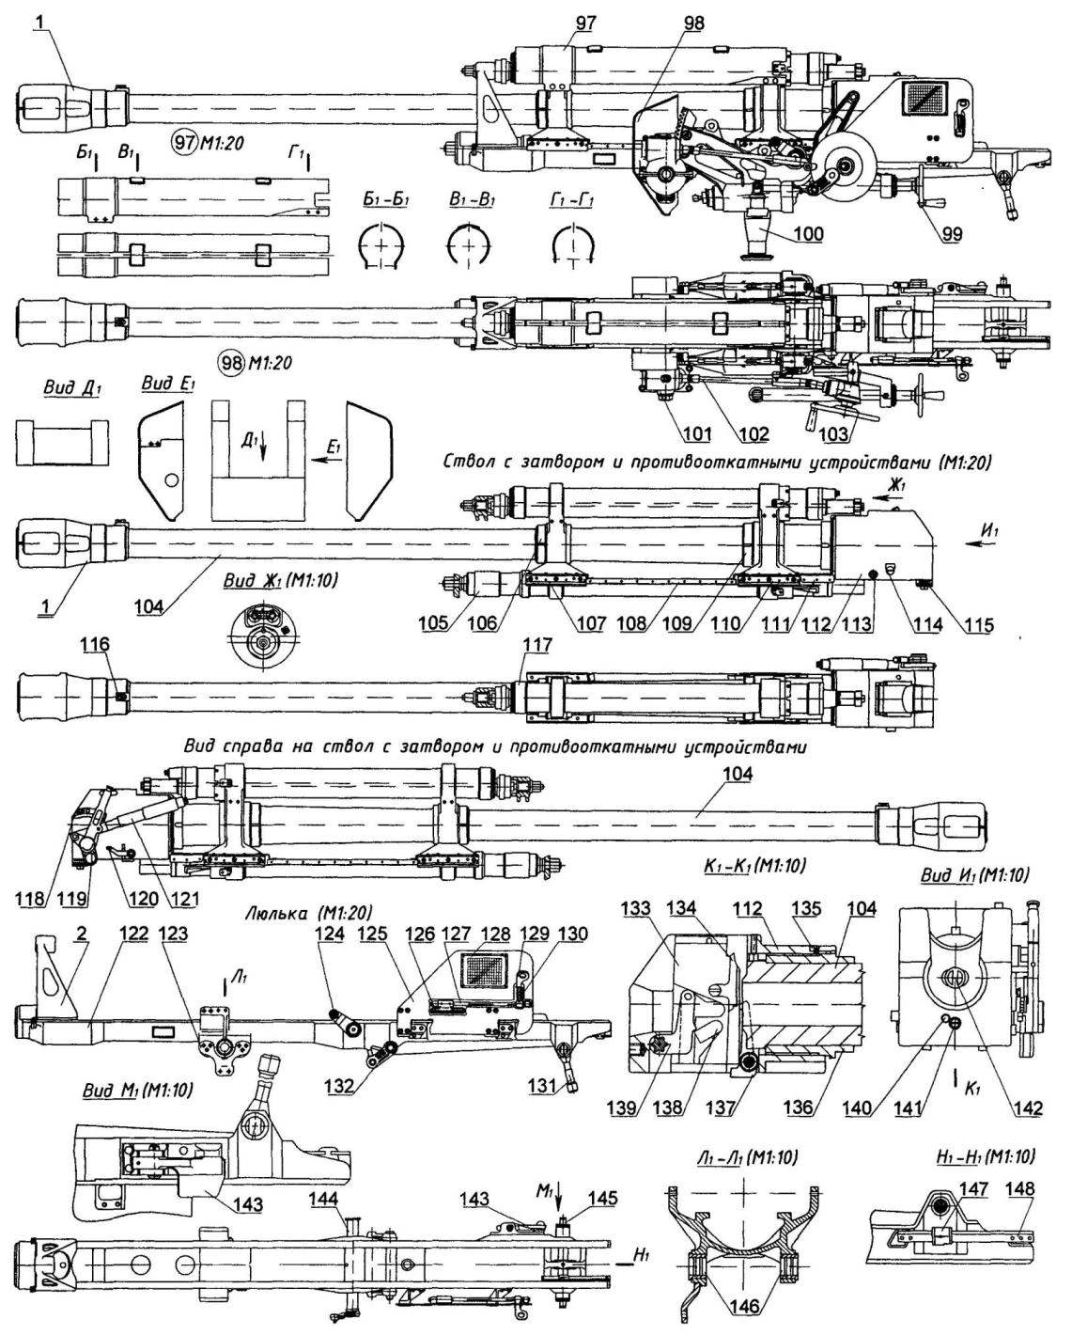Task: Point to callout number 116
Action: (99, 646)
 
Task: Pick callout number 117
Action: (536, 646)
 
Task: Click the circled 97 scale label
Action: (208, 143)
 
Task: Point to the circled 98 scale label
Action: (255, 362)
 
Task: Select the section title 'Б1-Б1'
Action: (385, 201)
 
